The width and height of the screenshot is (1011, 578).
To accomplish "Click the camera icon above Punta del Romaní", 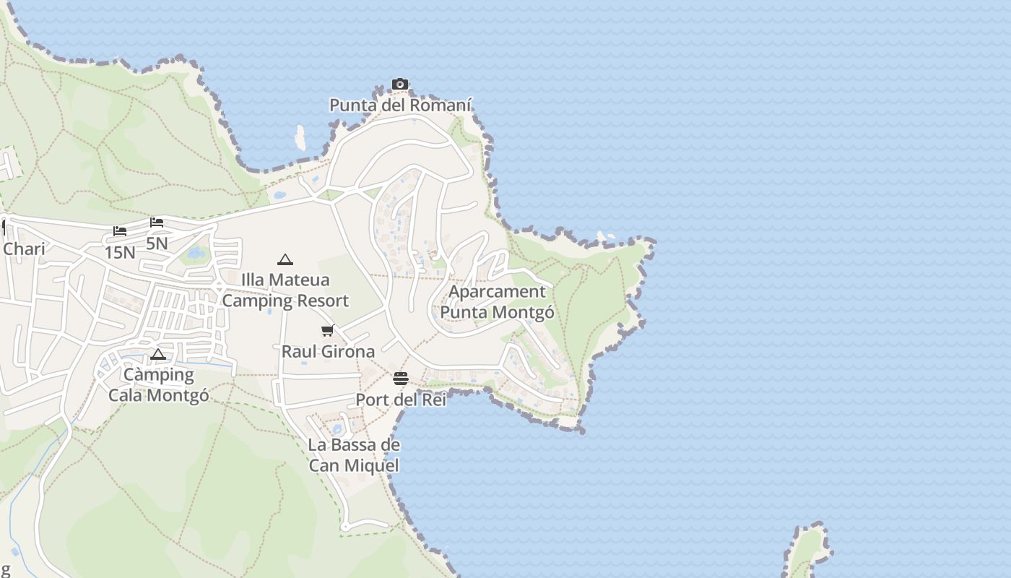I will [400, 85].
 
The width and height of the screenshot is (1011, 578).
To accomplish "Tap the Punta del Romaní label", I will [400, 105].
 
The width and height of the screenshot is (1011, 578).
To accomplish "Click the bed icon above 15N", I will [120, 231].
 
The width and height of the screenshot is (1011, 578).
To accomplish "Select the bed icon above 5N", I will [157, 223].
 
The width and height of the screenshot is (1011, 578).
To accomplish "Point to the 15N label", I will [120, 253].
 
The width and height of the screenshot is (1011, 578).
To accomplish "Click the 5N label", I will [157, 243].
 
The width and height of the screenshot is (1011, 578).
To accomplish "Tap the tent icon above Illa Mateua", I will [285, 259].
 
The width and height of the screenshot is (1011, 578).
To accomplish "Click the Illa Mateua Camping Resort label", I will [285, 290].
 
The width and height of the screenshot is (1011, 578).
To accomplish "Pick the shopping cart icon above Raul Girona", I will [328, 331].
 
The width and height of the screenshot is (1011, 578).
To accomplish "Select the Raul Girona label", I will [328, 352].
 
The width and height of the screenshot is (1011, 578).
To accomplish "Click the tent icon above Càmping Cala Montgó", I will [158, 355].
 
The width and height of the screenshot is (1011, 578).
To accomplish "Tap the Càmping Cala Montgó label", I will [159, 385].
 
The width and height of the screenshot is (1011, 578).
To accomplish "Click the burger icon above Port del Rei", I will [401, 379].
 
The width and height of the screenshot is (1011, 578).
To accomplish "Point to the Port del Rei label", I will [401, 400].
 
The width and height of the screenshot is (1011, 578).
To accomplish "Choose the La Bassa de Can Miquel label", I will [354, 455].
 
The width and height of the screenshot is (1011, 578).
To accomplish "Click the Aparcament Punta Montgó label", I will [498, 302].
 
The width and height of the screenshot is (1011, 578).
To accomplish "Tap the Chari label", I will [24, 249].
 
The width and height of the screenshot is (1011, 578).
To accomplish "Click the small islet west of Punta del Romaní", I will [300, 138].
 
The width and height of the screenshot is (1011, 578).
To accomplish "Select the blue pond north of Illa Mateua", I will [195, 254].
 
